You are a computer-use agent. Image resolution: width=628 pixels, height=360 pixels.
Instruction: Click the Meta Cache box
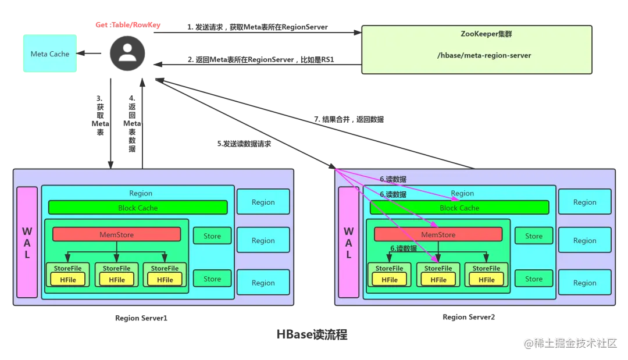pyautogui.click(x=50, y=54)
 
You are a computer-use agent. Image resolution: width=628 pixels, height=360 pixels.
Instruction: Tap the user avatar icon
pyautogui.click(x=127, y=54)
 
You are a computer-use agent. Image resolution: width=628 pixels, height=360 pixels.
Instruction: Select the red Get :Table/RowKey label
pyautogui.click(x=128, y=25)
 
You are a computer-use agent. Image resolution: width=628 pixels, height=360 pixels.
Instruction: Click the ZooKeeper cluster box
pyautogui.click(x=477, y=49)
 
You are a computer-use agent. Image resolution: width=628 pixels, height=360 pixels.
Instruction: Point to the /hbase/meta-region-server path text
pyautogui.click(x=484, y=55)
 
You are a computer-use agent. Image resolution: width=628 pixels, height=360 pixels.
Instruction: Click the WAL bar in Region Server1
pyautogui.click(x=27, y=243)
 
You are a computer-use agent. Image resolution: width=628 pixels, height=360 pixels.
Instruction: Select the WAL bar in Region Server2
pyautogui.click(x=348, y=243)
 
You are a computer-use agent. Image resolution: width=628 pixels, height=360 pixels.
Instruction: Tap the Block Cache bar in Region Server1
pyautogui.click(x=138, y=208)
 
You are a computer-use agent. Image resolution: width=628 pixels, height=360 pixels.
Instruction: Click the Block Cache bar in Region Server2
pyautogui.click(x=459, y=208)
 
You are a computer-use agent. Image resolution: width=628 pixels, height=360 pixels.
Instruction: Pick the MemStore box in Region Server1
pyautogui.click(x=116, y=234)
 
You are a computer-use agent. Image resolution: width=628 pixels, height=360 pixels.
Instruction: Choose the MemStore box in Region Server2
pyautogui.click(x=438, y=234)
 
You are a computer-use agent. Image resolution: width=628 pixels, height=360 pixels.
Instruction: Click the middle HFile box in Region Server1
pyautogui.click(x=116, y=280)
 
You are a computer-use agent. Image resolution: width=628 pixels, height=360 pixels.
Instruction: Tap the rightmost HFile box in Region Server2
pyautogui.click(x=486, y=280)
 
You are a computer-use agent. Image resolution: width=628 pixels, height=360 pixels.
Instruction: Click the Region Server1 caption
pyautogui.click(x=141, y=318)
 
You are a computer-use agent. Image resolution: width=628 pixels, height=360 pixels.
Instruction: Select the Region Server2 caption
pyautogui.click(x=469, y=317)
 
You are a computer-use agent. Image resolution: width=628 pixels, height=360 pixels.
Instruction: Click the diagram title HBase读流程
pyautogui.click(x=312, y=334)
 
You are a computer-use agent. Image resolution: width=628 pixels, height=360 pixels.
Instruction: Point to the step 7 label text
pyautogui.click(x=349, y=119)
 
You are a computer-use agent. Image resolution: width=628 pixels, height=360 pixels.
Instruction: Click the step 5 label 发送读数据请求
pyautogui.click(x=244, y=144)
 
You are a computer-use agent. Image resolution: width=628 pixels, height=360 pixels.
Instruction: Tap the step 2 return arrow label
pyautogui.click(x=261, y=60)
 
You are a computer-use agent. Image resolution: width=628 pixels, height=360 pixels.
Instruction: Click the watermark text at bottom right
pyautogui.click(x=570, y=343)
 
